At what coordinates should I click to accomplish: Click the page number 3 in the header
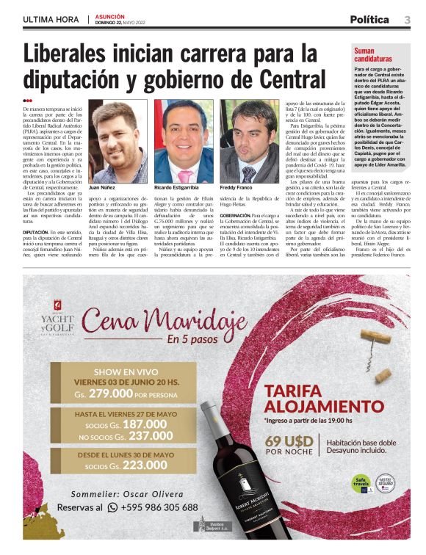pos(407,19)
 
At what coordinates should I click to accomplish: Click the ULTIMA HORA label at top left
pos(51,20)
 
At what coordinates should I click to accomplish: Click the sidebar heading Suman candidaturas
pos(373,55)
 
